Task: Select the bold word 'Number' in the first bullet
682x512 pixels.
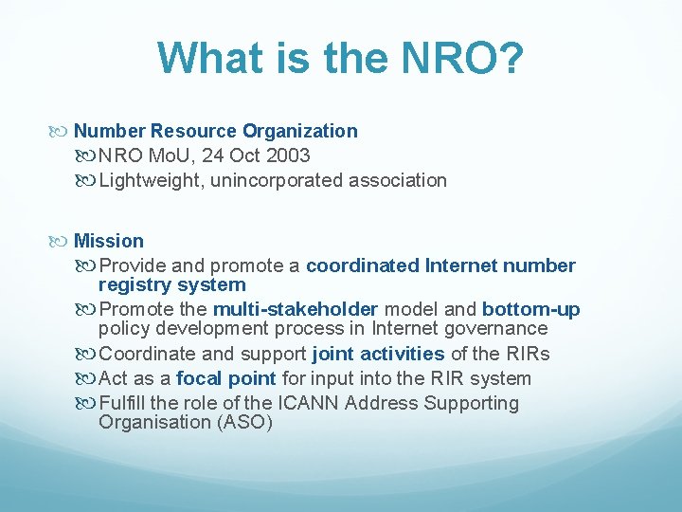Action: pyautogui.click(x=109, y=131)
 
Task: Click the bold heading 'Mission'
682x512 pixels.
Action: pyautogui.click(x=109, y=241)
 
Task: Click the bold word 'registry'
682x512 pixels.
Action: pyautogui.click(x=135, y=284)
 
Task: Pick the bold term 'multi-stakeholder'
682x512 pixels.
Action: pyautogui.click(x=296, y=309)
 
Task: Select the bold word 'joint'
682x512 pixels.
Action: pyautogui.click(x=335, y=354)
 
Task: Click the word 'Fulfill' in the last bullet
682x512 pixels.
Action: pyautogui.click(x=124, y=403)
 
